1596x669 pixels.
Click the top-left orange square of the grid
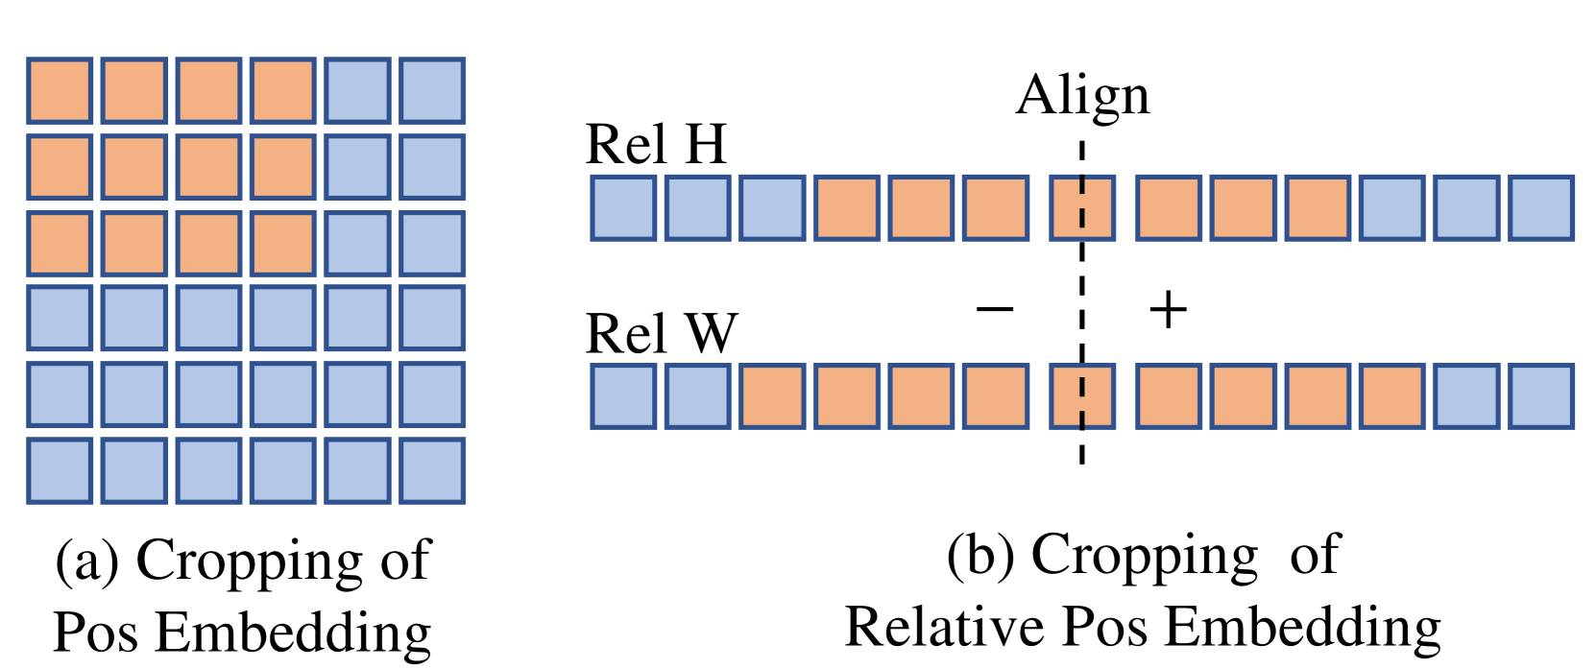click(x=60, y=91)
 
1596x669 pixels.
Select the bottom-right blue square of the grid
click(x=432, y=470)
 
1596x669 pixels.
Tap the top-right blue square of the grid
click(x=432, y=91)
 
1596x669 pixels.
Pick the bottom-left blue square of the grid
click(x=60, y=470)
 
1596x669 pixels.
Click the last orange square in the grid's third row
click(x=283, y=244)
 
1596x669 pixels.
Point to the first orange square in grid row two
click(x=60, y=167)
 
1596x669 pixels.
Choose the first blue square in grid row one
click(x=358, y=91)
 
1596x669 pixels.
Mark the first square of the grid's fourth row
click(x=60, y=318)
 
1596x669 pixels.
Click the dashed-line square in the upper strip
click(x=1082, y=207)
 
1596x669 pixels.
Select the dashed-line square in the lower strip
click(x=1082, y=396)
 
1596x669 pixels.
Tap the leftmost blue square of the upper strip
click(x=623, y=207)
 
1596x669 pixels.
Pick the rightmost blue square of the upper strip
click(x=1540, y=207)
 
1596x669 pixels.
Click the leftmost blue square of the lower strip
click(x=623, y=396)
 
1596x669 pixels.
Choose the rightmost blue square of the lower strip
click(x=1540, y=396)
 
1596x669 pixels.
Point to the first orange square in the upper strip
click(x=846, y=207)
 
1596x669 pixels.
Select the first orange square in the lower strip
click(x=772, y=396)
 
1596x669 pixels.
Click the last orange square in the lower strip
click(x=1391, y=396)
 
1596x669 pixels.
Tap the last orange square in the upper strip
click(x=1318, y=207)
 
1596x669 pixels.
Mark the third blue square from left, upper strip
click(x=772, y=207)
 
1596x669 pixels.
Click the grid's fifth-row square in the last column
click(x=432, y=394)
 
